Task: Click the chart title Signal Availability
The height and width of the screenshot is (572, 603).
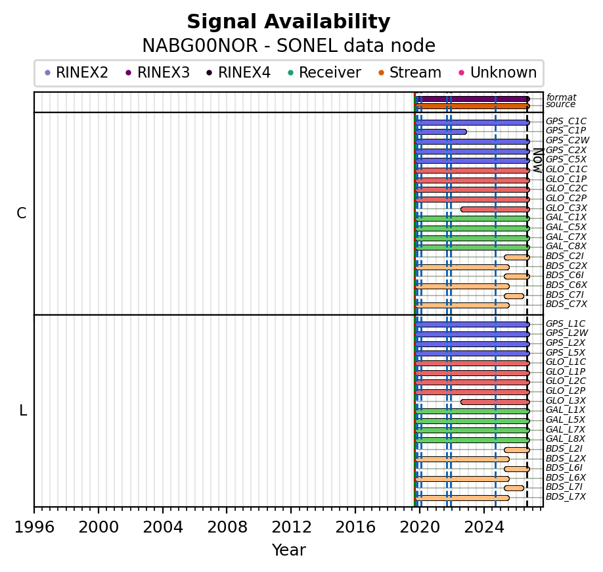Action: (288, 22)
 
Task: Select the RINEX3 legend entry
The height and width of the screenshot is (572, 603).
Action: (158, 72)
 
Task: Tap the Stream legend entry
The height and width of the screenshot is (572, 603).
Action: (410, 72)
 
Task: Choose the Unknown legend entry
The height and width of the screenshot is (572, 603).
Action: (498, 72)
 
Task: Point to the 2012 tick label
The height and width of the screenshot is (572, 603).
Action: (291, 527)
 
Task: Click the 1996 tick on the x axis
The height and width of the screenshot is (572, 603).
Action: (34, 510)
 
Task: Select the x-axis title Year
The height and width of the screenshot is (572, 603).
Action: (289, 550)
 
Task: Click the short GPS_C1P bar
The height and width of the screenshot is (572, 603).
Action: (441, 132)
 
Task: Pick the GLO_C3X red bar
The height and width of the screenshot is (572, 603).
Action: (495, 209)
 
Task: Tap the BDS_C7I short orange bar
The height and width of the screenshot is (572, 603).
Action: (514, 296)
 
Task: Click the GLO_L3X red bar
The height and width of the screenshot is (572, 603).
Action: (495, 402)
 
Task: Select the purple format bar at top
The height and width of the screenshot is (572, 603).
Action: (472, 99)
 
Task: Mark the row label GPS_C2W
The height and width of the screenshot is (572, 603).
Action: (568, 141)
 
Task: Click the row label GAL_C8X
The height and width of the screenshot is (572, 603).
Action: (566, 247)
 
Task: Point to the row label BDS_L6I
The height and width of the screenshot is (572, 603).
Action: (564, 467)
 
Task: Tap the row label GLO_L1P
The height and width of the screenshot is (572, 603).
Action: (566, 371)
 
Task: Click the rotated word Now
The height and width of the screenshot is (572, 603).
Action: (538, 160)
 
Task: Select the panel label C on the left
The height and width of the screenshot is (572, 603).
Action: (22, 213)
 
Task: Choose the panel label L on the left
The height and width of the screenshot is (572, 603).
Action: (23, 411)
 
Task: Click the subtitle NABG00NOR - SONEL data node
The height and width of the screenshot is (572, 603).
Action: (289, 46)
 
